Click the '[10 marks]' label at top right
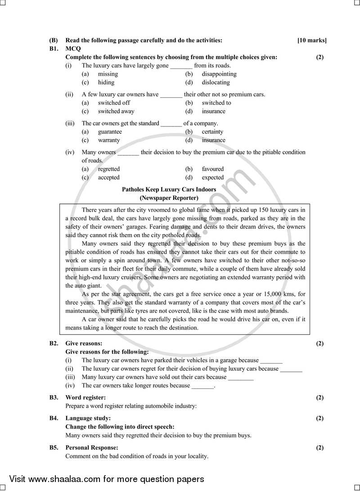point(312,41)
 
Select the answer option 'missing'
point(108,74)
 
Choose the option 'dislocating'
point(216,82)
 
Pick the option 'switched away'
point(116,111)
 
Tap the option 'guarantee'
point(110,132)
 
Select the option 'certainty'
point(212,132)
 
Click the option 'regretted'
point(109,169)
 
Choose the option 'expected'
point(213,178)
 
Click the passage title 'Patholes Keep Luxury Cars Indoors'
point(169,190)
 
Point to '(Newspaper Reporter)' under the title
point(169,198)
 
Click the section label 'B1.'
point(54,49)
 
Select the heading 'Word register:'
point(85,397)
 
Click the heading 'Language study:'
point(88,418)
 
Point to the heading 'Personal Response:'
point(92,448)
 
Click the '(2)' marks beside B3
point(319,397)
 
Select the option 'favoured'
point(212,169)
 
